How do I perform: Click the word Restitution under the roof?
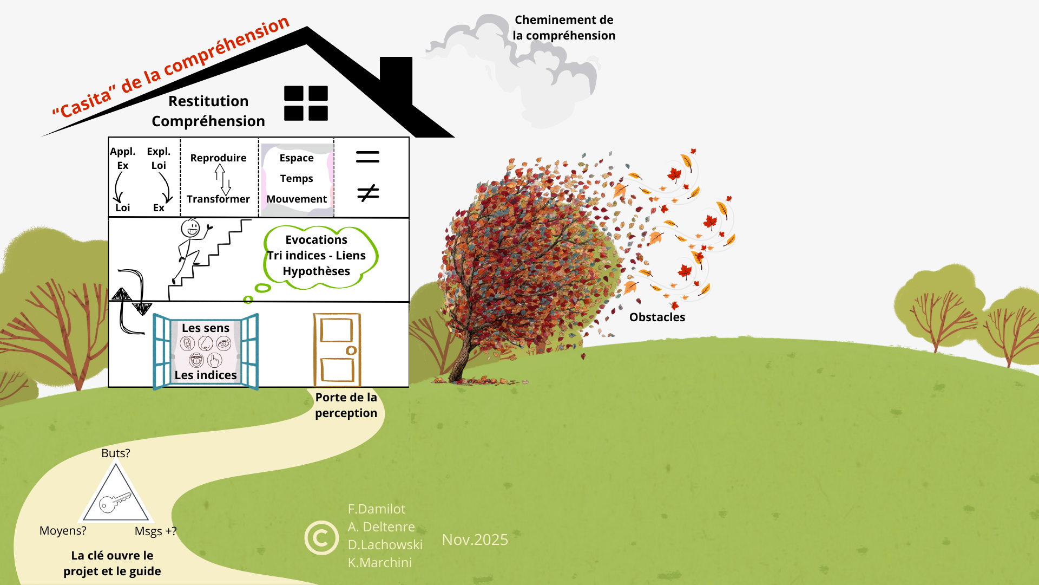click(208, 101)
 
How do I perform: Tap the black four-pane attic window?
click(306, 103)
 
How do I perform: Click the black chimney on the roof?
click(396, 76)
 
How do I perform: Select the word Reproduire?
click(218, 158)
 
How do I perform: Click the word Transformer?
click(218, 199)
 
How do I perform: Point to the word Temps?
click(297, 178)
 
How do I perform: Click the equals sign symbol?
click(367, 157)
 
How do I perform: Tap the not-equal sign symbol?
click(368, 193)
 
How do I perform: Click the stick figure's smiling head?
click(190, 227)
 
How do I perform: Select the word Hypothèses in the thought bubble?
click(316, 271)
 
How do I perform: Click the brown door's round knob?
click(351, 350)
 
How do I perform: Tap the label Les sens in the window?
click(206, 328)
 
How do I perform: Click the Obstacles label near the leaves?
click(657, 317)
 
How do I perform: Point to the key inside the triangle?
click(115, 502)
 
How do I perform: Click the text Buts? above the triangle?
click(116, 453)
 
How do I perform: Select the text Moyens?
click(63, 530)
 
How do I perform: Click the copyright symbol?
click(321, 538)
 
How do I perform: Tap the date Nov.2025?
click(475, 539)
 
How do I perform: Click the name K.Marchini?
click(380, 562)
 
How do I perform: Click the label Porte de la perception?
click(346, 405)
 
